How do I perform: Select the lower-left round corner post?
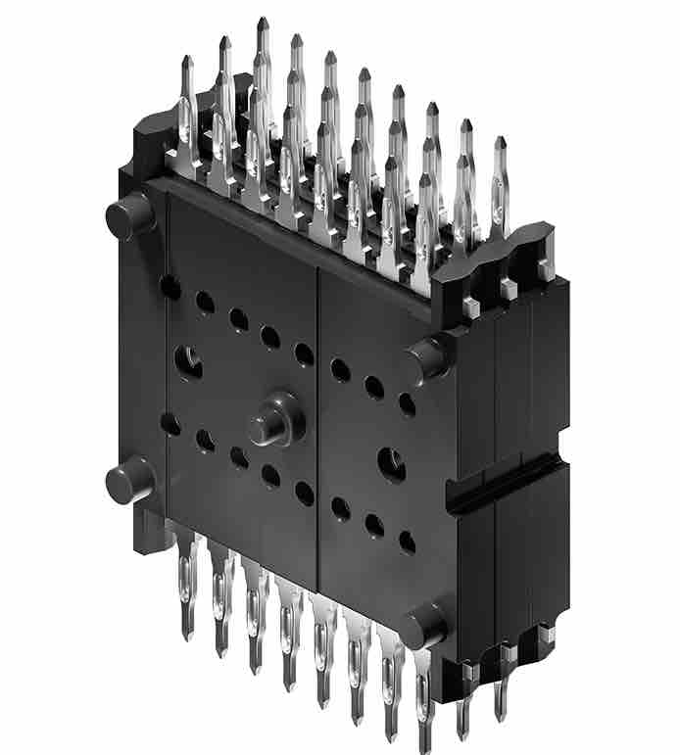[128, 480]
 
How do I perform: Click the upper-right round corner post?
[428, 356]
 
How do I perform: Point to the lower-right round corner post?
[424, 624]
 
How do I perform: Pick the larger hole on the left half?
[189, 361]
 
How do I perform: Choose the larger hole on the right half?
[391, 461]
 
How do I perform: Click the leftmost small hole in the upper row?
[170, 287]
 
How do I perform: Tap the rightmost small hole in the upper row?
[407, 403]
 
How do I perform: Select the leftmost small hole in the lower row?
[170, 424]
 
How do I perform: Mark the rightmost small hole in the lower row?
[407, 542]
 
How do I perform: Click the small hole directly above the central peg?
[304, 354]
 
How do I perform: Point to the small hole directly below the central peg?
[271, 476]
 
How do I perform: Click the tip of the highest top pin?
[263, 21]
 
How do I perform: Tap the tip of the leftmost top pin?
[187, 61]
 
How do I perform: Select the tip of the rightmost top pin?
[501, 142]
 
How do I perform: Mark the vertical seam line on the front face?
[317, 431]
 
